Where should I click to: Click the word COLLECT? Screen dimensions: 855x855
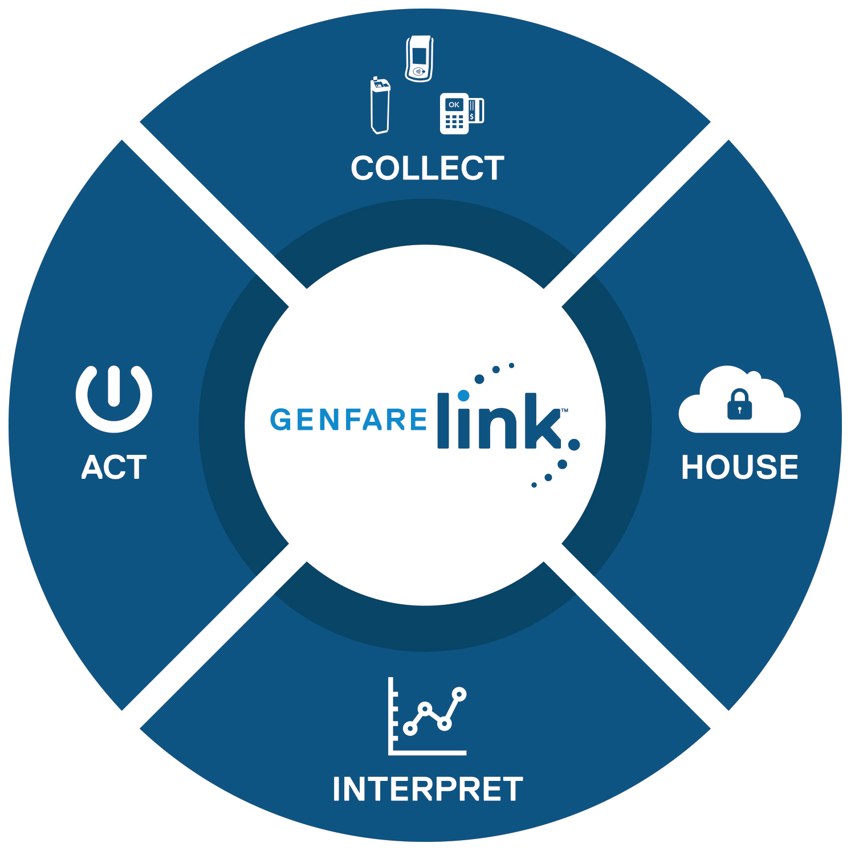[x=427, y=169]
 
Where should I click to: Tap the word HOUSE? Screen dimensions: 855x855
[x=740, y=467]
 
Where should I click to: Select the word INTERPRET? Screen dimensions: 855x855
[x=427, y=789]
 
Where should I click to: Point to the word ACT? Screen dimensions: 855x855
[x=114, y=468]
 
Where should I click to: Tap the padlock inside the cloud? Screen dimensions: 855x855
[x=739, y=405]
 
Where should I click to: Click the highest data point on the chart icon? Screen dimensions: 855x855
[x=459, y=694]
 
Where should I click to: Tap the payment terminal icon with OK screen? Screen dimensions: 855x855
[x=461, y=113]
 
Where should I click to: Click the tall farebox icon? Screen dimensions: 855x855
[x=380, y=106]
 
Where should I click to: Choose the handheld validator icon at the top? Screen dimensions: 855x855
[x=419, y=59]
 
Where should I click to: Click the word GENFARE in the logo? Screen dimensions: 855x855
[x=348, y=420]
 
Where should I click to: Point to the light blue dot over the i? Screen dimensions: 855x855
[x=463, y=395]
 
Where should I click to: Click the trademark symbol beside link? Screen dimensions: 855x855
[x=564, y=410]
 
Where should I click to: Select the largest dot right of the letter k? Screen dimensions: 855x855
[x=574, y=445]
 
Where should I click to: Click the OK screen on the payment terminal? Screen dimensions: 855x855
[x=454, y=104]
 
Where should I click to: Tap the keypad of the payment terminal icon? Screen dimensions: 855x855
[x=454, y=122]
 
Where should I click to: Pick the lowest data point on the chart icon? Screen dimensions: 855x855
[x=410, y=728]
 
